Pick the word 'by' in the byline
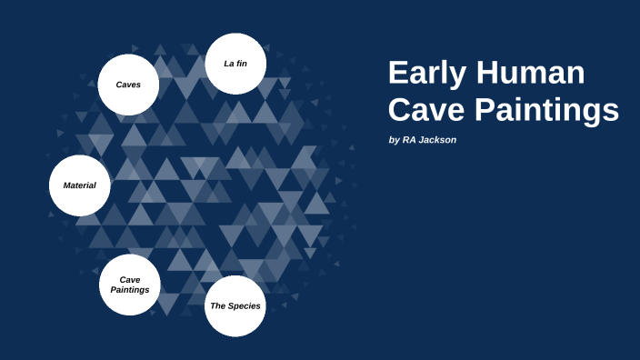pyautogui.click(x=394, y=140)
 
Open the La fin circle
pyautogui.click(x=235, y=64)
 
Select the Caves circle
pyautogui.click(x=128, y=85)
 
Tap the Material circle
pyautogui.click(x=79, y=185)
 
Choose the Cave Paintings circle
pyautogui.click(x=129, y=285)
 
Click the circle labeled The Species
pyautogui.click(x=235, y=306)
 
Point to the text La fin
pyautogui.click(x=235, y=64)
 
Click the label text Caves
pyautogui.click(x=128, y=85)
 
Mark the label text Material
pyautogui.click(x=79, y=185)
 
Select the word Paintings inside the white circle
pyautogui.click(x=129, y=290)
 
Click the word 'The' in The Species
pyautogui.click(x=217, y=306)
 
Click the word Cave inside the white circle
pyautogui.click(x=129, y=279)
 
